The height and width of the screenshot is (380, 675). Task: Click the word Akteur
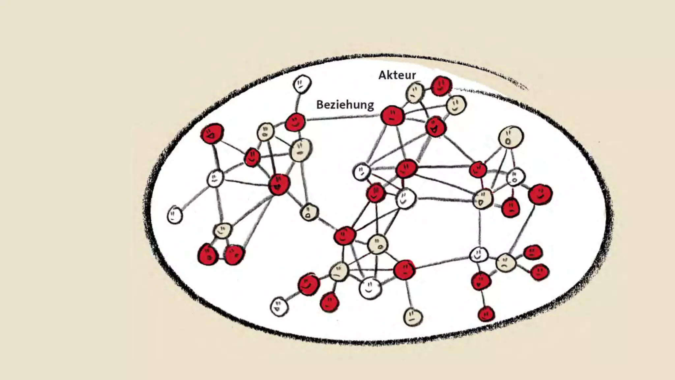click(x=397, y=75)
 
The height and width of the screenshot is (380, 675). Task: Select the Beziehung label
click(x=345, y=105)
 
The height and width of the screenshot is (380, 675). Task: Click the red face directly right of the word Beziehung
click(x=392, y=115)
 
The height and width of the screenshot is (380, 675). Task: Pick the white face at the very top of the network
click(x=302, y=84)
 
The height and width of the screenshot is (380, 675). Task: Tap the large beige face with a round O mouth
click(x=511, y=137)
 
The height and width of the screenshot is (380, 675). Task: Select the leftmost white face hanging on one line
click(x=175, y=215)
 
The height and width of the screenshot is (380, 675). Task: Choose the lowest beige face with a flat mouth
click(x=413, y=317)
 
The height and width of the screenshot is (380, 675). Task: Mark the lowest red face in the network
click(x=486, y=313)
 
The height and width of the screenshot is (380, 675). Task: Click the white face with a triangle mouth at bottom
click(x=279, y=306)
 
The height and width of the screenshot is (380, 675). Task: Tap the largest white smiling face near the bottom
click(x=370, y=288)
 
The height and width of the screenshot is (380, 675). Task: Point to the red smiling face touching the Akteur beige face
click(x=441, y=86)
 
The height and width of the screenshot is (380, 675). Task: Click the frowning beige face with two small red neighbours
click(x=506, y=263)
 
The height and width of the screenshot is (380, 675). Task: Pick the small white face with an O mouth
click(x=516, y=177)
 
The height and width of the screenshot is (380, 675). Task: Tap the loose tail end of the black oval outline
click(x=524, y=87)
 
